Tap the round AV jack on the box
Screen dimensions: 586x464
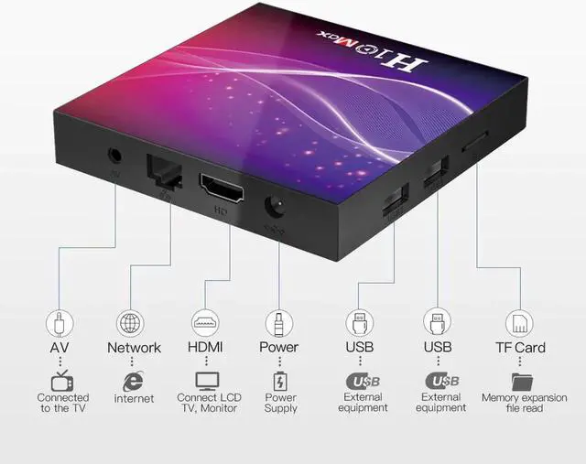coord(115,156)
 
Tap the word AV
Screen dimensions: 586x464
coord(59,348)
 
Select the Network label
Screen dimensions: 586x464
coord(134,348)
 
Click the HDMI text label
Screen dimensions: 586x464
coord(206,348)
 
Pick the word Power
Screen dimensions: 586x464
coord(278,348)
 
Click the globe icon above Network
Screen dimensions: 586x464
coord(130,322)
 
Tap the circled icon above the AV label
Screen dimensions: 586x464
coord(59,322)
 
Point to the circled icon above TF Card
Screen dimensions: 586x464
coord(521,322)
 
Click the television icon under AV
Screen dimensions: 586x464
coord(61,380)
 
